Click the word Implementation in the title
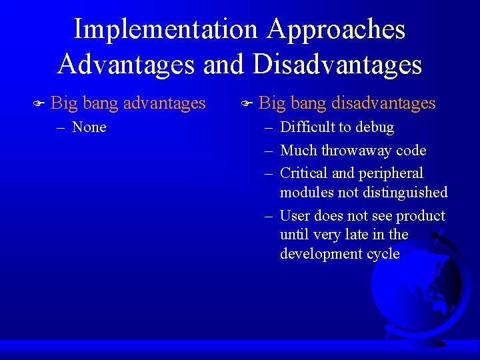(166, 30)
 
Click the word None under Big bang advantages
(89, 127)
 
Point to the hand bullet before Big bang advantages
(38, 103)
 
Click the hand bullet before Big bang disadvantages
(246, 103)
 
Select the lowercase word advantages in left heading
(165, 103)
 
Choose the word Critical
(304, 173)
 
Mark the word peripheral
(391, 173)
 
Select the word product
(421, 216)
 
